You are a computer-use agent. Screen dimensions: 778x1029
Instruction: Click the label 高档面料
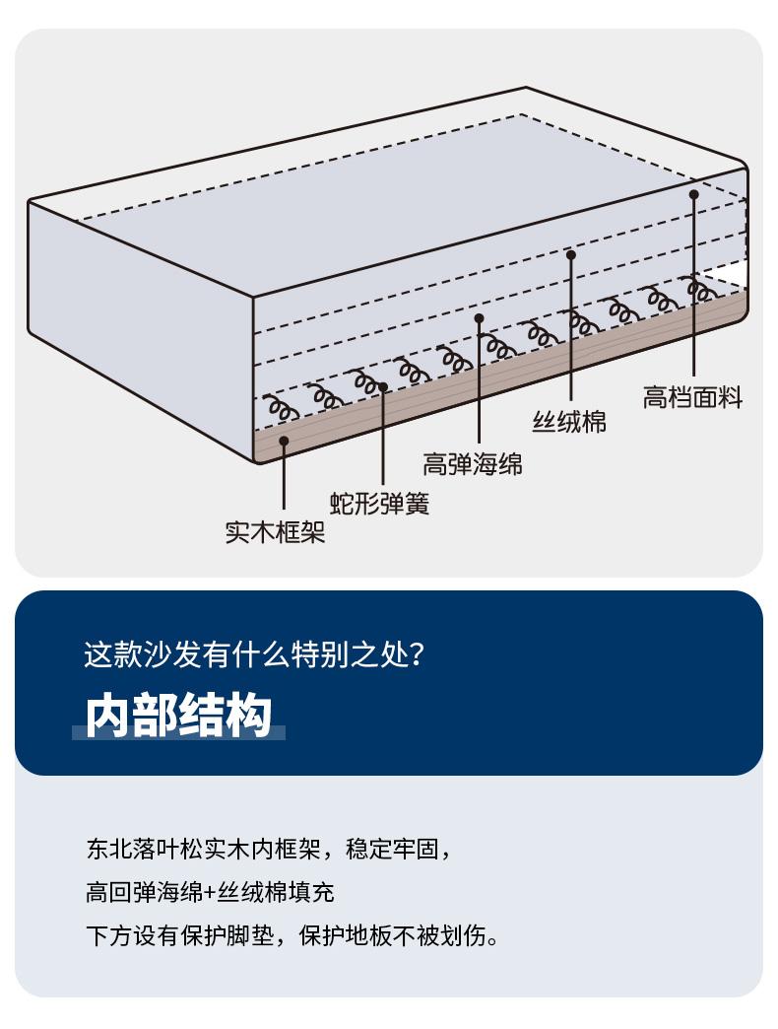tap(692, 398)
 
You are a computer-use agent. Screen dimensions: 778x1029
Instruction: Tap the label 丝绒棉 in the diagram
tap(569, 423)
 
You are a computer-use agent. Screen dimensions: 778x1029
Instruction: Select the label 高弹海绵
tap(473, 463)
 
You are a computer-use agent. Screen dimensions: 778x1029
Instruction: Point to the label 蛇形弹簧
tap(379, 504)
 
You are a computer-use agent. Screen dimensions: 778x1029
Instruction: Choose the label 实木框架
tap(275, 533)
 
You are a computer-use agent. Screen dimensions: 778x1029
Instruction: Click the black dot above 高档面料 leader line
tap(693, 195)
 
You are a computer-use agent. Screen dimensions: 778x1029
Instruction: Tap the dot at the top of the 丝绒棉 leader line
tap(570, 254)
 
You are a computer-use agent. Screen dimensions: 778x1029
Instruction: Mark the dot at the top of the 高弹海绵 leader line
tap(480, 318)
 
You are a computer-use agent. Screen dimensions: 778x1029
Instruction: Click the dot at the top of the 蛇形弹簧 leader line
tap(383, 387)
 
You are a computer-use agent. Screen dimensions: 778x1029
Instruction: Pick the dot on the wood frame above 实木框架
tap(284, 441)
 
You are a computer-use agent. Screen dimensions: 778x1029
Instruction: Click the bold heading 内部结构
tap(178, 716)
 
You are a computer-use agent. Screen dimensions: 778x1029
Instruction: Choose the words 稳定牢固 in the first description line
tap(400, 849)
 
